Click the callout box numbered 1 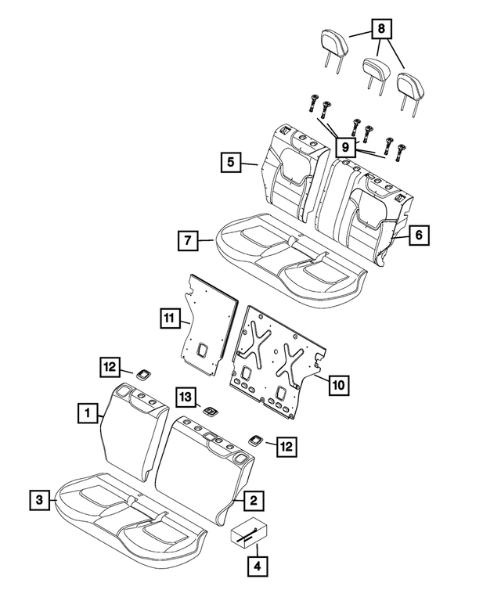[88, 410]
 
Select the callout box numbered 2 [254, 497]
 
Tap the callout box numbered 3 [37, 497]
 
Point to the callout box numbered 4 [256, 565]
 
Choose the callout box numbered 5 [230, 162]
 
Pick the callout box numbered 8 [381, 30]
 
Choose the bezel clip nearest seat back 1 [143, 373]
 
